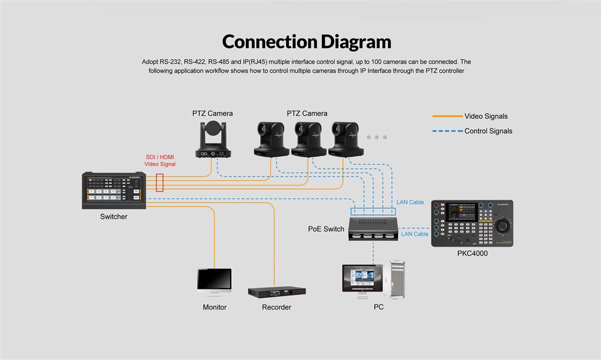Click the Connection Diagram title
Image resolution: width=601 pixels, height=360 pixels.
[x=306, y=42]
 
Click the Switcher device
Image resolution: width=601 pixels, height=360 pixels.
[x=114, y=190]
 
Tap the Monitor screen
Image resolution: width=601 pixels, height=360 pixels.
[x=214, y=279]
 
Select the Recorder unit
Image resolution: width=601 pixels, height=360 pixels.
[x=277, y=292]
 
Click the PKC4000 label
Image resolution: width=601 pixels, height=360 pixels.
[x=472, y=254]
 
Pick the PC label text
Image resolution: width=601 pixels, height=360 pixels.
[x=379, y=307]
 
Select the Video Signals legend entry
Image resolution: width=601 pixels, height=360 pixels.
[x=486, y=116]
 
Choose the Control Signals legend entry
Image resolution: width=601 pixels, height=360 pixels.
[x=488, y=131]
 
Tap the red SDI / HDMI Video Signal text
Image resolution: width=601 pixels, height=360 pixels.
[x=160, y=160]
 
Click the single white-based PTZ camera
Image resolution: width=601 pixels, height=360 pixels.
[x=213, y=139]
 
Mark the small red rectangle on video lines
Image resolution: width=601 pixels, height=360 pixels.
[x=160, y=182]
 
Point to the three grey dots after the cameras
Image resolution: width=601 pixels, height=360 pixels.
[x=376, y=137]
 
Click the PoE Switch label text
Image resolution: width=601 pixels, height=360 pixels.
[x=326, y=229]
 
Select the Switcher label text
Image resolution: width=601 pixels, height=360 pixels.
[x=114, y=217]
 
